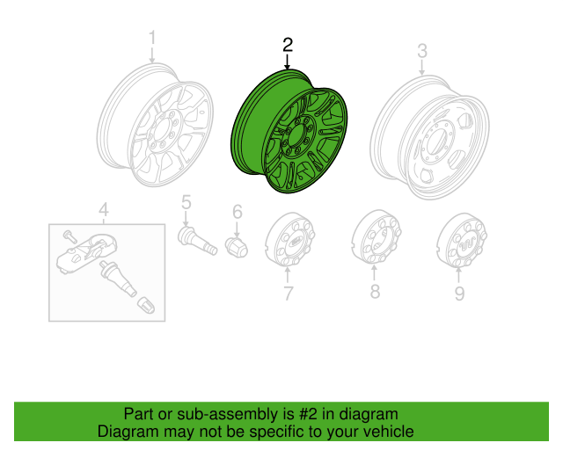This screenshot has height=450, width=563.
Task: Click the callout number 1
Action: pyautogui.click(x=152, y=38)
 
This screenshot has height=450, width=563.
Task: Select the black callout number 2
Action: pyautogui.click(x=288, y=45)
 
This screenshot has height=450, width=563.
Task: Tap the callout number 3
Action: pyautogui.click(x=422, y=51)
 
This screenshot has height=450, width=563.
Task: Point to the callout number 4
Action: pyautogui.click(x=104, y=209)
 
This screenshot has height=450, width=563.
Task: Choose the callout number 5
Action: pyautogui.click(x=186, y=202)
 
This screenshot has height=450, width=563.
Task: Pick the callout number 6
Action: pyautogui.click(x=238, y=212)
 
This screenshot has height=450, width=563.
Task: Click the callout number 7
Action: pyautogui.click(x=289, y=294)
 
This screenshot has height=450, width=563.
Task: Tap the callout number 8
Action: pyautogui.click(x=375, y=291)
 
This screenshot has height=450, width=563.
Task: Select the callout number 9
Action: pyautogui.click(x=459, y=294)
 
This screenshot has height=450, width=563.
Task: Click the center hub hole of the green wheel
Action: pyautogui.click(x=296, y=135)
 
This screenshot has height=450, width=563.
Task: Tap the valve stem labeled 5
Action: pyautogui.click(x=197, y=241)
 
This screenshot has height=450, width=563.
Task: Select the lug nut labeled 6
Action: pyautogui.click(x=237, y=246)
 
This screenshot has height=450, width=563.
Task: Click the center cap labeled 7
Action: pyautogui.click(x=289, y=239)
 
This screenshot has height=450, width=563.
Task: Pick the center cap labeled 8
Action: pyautogui.click(x=376, y=236)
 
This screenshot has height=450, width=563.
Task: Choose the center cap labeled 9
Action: pyautogui.click(x=462, y=240)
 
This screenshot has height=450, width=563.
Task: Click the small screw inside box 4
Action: pyautogui.click(x=69, y=236)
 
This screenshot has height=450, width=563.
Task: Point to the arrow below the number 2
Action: pyautogui.click(x=287, y=62)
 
